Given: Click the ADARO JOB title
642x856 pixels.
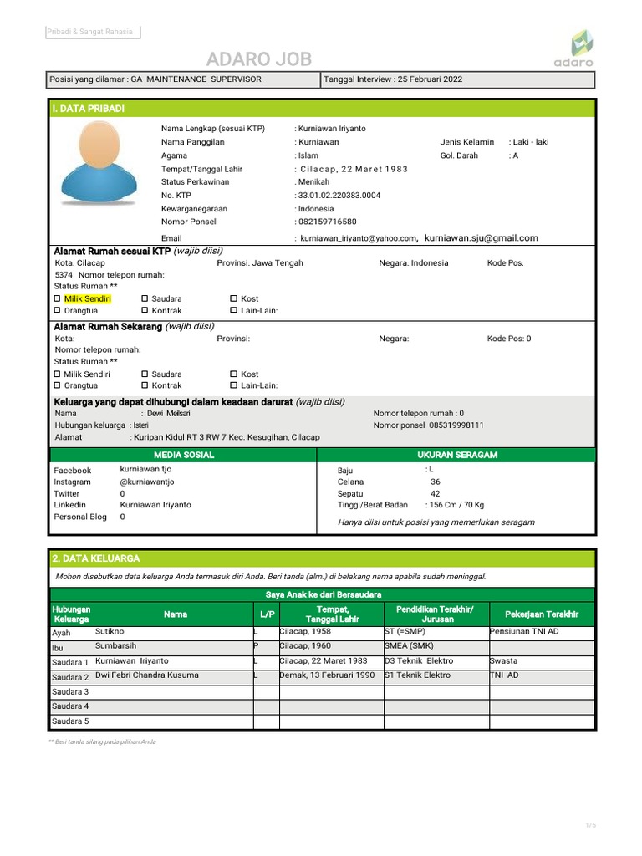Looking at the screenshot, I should click(259, 59).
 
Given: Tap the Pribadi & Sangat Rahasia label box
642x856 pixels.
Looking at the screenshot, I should click(92, 32).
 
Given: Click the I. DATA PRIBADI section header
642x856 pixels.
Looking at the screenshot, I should click(88, 109).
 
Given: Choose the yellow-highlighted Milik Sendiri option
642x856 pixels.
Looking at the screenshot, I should click(87, 298).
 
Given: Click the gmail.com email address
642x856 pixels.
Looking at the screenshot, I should click(481, 238).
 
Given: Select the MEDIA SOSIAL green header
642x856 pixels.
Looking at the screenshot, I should click(184, 455).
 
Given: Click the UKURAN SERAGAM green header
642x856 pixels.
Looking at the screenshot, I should click(456, 455).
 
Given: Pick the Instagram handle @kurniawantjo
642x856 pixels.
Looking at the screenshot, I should click(147, 481).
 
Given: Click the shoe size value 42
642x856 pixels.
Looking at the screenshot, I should click(435, 493).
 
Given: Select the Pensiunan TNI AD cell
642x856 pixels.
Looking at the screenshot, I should click(525, 632).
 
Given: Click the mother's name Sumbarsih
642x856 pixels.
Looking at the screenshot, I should click(116, 646).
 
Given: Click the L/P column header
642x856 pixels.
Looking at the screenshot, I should click(267, 614).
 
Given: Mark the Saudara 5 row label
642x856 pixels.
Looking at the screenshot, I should click(70, 721).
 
